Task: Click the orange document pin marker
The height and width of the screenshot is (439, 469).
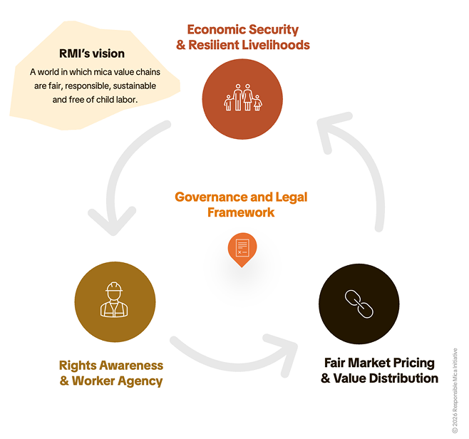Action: click(x=242, y=249)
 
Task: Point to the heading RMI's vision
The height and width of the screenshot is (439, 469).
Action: click(x=91, y=53)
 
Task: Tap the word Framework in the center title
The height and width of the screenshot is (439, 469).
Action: click(x=241, y=212)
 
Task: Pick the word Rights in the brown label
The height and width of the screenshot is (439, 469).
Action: click(x=78, y=366)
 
